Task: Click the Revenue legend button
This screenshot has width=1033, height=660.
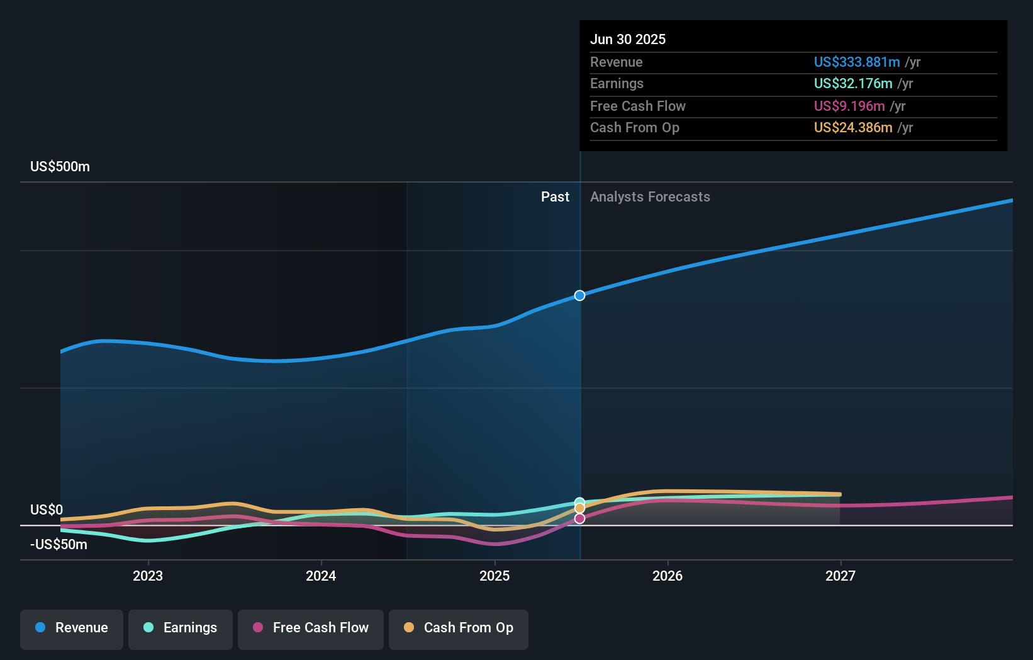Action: pos(72,628)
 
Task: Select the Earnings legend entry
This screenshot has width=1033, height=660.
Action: pos(181,628)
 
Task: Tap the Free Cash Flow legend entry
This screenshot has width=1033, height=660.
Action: pos(311,628)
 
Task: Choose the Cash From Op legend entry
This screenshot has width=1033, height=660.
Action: pos(459,628)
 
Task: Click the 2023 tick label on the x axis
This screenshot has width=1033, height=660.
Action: pos(148,576)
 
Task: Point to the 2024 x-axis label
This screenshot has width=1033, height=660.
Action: pos(321,576)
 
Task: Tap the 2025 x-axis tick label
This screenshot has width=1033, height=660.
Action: pos(494,576)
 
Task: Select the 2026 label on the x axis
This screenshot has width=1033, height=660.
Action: pos(667,576)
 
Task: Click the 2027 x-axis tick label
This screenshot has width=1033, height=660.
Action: pos(840,576)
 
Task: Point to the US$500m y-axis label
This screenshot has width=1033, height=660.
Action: pos(60,167)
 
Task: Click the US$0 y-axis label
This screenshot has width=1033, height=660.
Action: pos(47,509)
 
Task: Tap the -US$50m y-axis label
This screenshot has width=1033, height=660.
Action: pos(59,544)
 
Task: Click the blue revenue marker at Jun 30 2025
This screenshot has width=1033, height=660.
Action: pos(579,295)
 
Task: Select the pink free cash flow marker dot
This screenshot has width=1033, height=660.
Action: pos(579,518)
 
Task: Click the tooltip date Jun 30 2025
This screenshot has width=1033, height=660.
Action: pos(628,39)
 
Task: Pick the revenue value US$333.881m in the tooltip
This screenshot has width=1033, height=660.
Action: pos(857,62)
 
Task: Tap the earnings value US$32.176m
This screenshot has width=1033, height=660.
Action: pos(853,83)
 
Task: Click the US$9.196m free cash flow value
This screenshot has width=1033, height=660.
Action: pos(849,106)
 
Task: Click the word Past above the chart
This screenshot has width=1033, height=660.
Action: pos(555,197)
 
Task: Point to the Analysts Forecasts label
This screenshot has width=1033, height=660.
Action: pos(650,197)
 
